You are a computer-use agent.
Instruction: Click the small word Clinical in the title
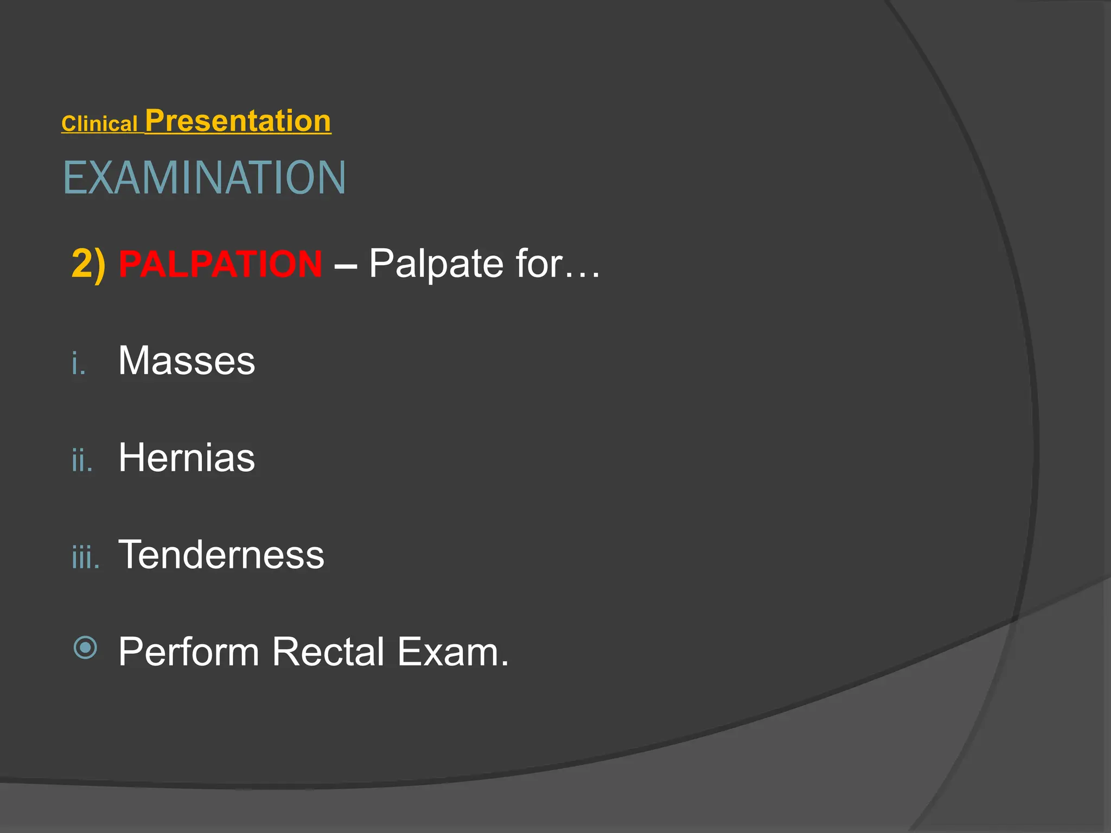point(99,124)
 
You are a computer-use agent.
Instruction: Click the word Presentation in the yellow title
point(238,120)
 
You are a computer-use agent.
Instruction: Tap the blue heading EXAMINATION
point(205,178)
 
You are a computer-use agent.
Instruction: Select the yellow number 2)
point(88,264)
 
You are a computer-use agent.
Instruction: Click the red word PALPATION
point(220,264)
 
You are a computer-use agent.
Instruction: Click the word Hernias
point(187,458)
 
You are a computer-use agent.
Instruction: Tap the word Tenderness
point(221,555)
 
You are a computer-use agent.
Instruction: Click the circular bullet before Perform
point(85,648)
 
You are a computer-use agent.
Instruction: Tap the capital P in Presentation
point(155,120)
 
